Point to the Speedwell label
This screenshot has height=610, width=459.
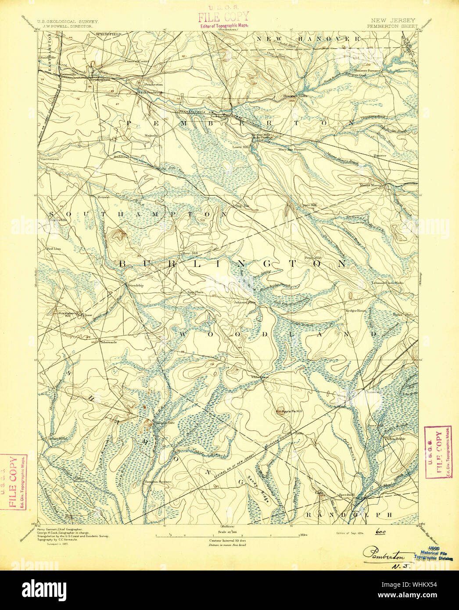point(345,495)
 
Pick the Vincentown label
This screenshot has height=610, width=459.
point(49,158)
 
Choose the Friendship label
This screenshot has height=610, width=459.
point(135,286)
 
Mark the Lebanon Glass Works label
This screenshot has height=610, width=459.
point(387,283)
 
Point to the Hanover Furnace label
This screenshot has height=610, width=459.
point(367,70)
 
